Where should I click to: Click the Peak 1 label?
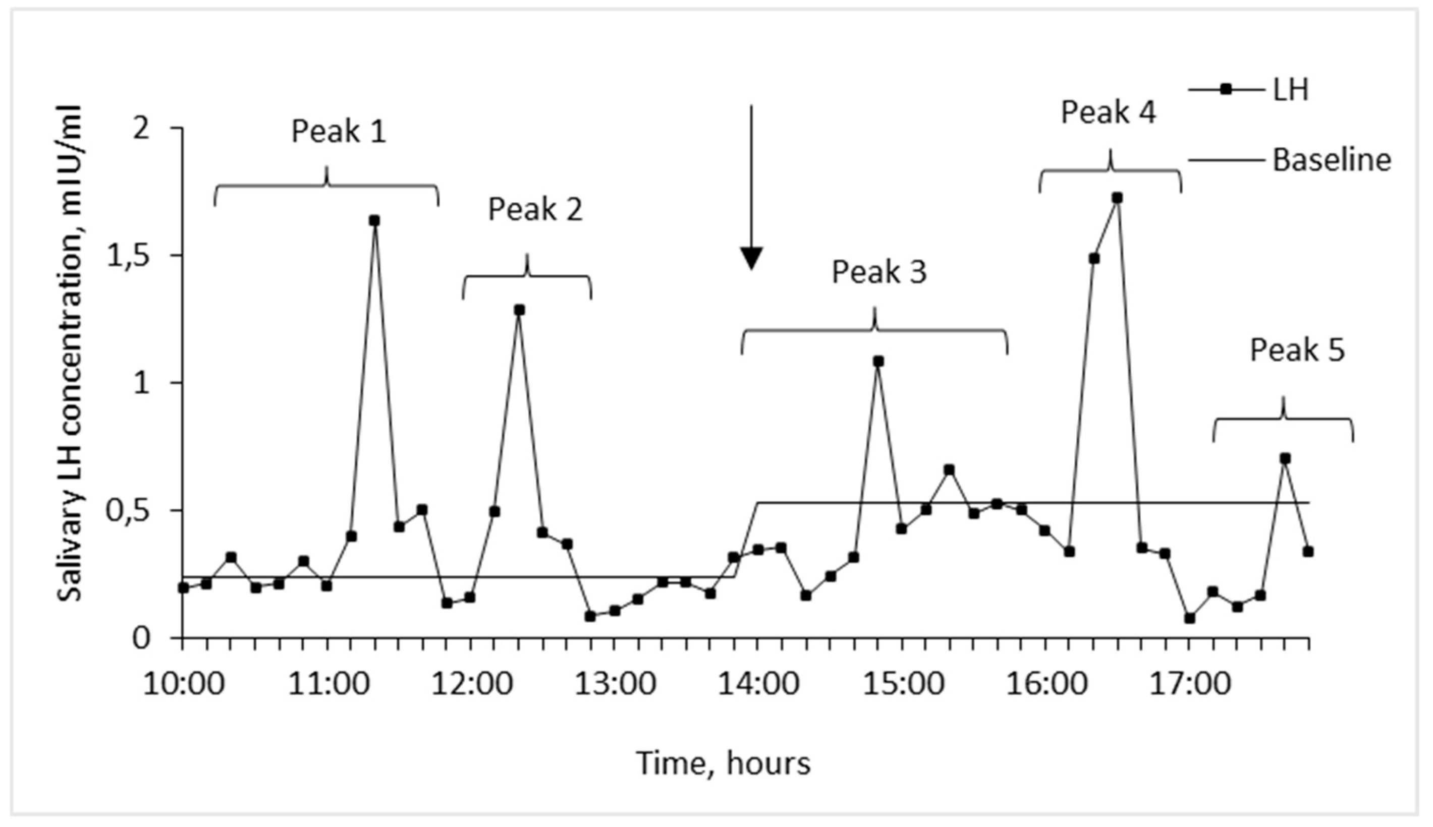pos(339,132)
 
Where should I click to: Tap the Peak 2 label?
pos(535,210)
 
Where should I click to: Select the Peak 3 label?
pos(879,272)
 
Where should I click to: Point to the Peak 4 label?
pos(1108,112)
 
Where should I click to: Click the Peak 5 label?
pos(1297,350)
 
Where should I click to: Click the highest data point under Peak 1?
pos(374,220)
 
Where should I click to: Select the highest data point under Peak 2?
pos(519,310)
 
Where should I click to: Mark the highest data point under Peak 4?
pos(1117,198)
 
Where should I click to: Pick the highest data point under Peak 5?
pos(1285,458)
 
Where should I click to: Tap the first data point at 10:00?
pos(183,588)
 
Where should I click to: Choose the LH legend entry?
pos(1250,90)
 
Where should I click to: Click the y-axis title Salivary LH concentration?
pos(71,352)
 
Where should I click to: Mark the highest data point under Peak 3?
pos(878,361)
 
